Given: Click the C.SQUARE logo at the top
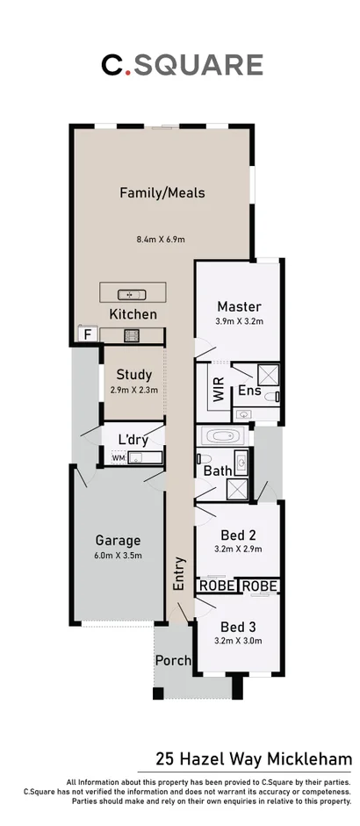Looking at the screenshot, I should [x=181, y=64].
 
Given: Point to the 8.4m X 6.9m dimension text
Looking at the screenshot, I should [x=160, y=239].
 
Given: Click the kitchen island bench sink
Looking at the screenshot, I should [x=132, y=293].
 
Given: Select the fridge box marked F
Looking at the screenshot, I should [x=86, y=334].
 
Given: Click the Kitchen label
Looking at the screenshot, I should [x=133, y=313].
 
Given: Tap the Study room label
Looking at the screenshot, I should [x=133, y=375].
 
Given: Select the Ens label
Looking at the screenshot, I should [x=248, y=391].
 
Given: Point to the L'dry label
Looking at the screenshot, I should [x=134, y=438].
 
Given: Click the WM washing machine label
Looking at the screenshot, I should [x=118, y=457].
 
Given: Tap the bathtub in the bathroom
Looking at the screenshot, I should [x=225, y=435].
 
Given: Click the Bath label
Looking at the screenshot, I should [x=219, y=470].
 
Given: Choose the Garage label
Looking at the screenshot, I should [x=119, y=541].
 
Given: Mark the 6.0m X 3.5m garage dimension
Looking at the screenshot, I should [x=119, y=556].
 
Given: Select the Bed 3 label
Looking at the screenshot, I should [x=239, y=627].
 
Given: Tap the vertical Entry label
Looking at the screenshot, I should [x=180, y=573].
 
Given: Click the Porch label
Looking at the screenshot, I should [x=173, y=660].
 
